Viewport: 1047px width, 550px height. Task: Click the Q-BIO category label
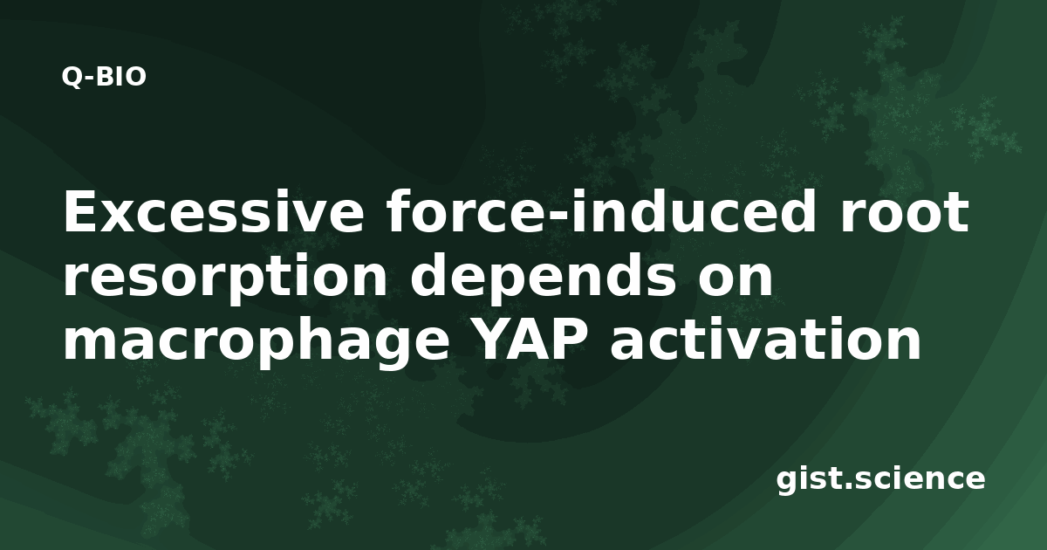(104, 77)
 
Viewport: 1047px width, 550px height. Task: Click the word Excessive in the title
(214, 212)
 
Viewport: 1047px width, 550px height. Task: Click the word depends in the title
(543, 276)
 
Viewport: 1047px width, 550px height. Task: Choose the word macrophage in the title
(257, 340)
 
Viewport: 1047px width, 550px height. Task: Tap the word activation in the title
(766, 338)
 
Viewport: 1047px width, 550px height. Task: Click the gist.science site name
(880, 480)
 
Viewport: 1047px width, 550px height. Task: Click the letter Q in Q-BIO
(72, 77)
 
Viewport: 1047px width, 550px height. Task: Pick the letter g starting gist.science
(787, 483)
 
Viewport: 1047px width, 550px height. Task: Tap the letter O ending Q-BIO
(135, 77)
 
